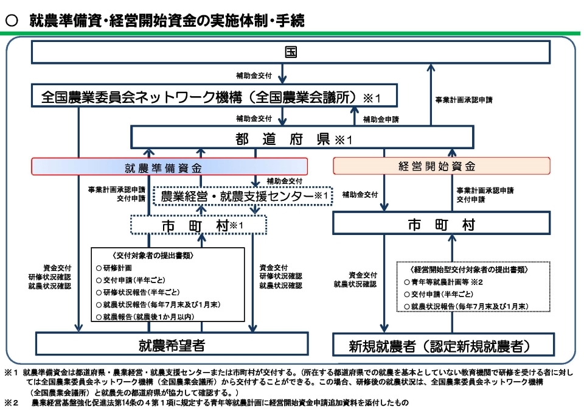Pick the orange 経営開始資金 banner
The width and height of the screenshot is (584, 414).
[441, 166]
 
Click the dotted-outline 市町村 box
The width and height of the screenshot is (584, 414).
[198, 225]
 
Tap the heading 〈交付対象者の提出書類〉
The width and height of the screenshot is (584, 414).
[167, 255]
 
